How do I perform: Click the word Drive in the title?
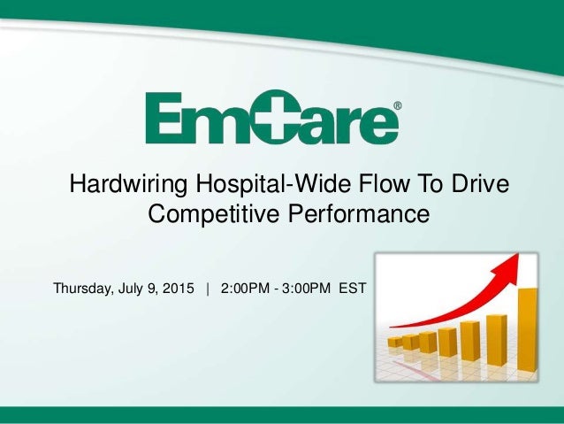point(478,186)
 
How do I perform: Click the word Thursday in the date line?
point(85,289)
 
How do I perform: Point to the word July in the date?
point(136,289)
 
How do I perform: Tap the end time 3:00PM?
point(309,289)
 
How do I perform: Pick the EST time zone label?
point(353,289)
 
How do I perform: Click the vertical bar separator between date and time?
point(208,289)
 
